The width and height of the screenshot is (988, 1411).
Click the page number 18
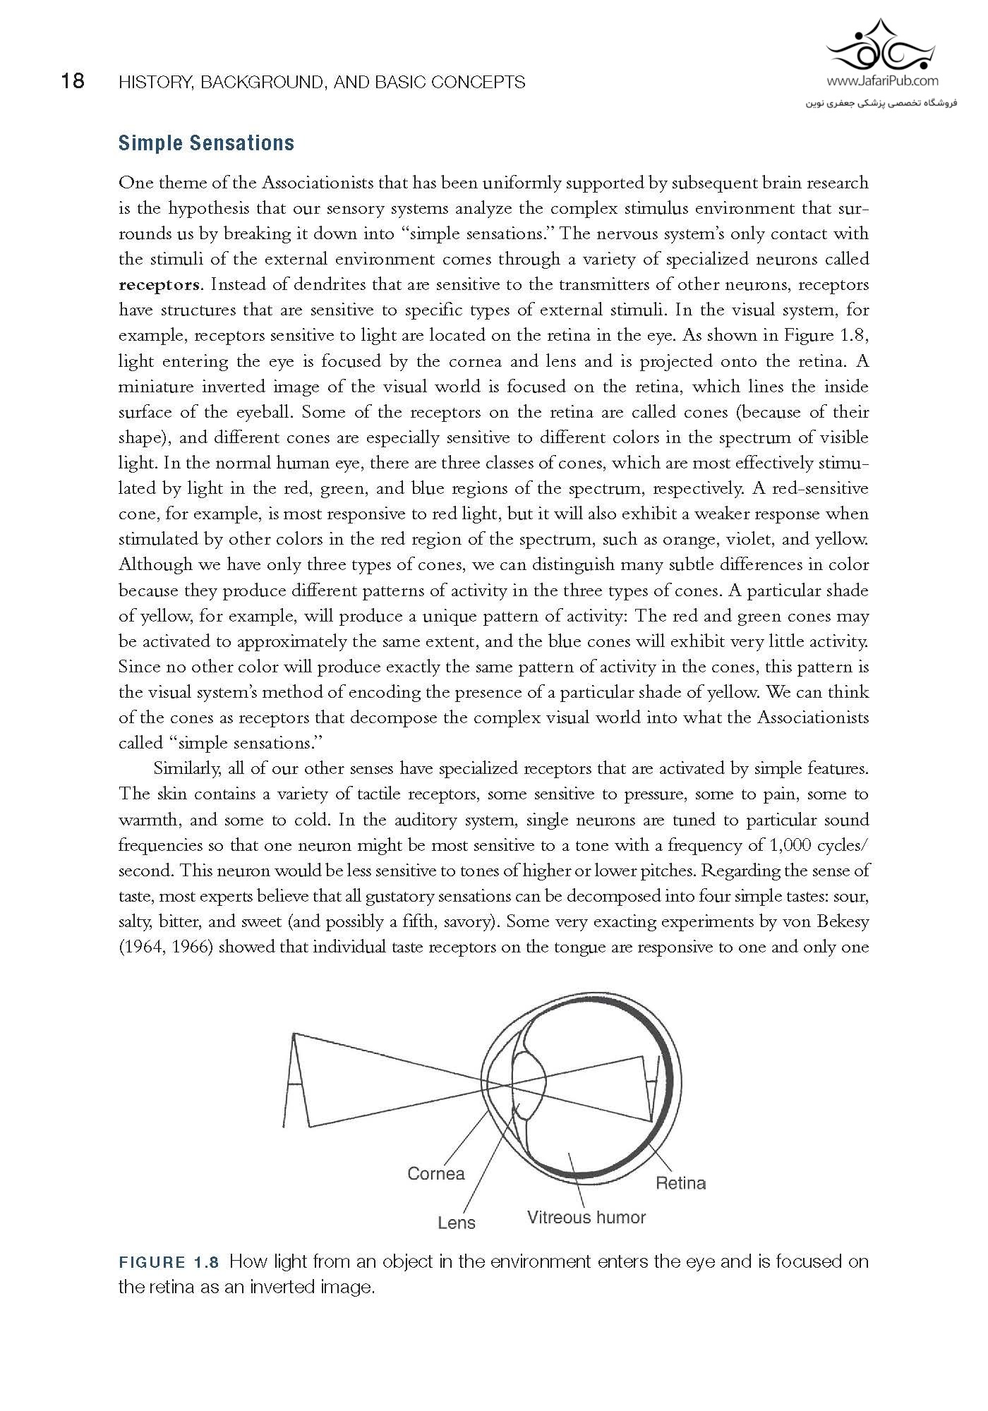pyautogui.click(x=72, y=82)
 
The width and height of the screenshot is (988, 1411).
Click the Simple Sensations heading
pyautogui.click(x=206, y=143)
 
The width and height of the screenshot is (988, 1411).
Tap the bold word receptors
pyautogui.click(x=160, y=285)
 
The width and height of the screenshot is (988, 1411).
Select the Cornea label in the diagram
pyautogui.click(x=436, y=1174)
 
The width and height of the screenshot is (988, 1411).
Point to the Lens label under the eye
pyautogui.click(x=457, y=1223)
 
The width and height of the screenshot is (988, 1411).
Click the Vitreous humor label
pyautogui.click(x=586, y=1218)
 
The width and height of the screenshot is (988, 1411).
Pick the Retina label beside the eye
pyautogui.click(x=680, y=1183)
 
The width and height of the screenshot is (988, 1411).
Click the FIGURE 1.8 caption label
pyautogui.click(x=169, y=1261)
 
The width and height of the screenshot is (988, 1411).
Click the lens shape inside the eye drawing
pyautogui.click(x=529, y=1084)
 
